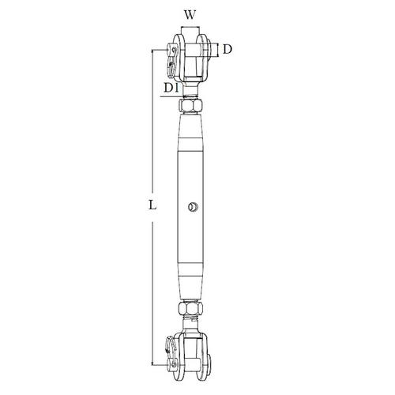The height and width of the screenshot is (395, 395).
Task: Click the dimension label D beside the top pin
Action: coord(227,50)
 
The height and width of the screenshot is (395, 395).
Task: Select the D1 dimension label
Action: coord(169,86)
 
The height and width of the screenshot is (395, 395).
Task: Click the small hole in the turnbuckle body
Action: coord(191,209)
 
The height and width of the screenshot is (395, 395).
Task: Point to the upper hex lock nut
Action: coord(192,105)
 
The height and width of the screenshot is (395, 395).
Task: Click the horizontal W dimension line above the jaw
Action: coord(192,30)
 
